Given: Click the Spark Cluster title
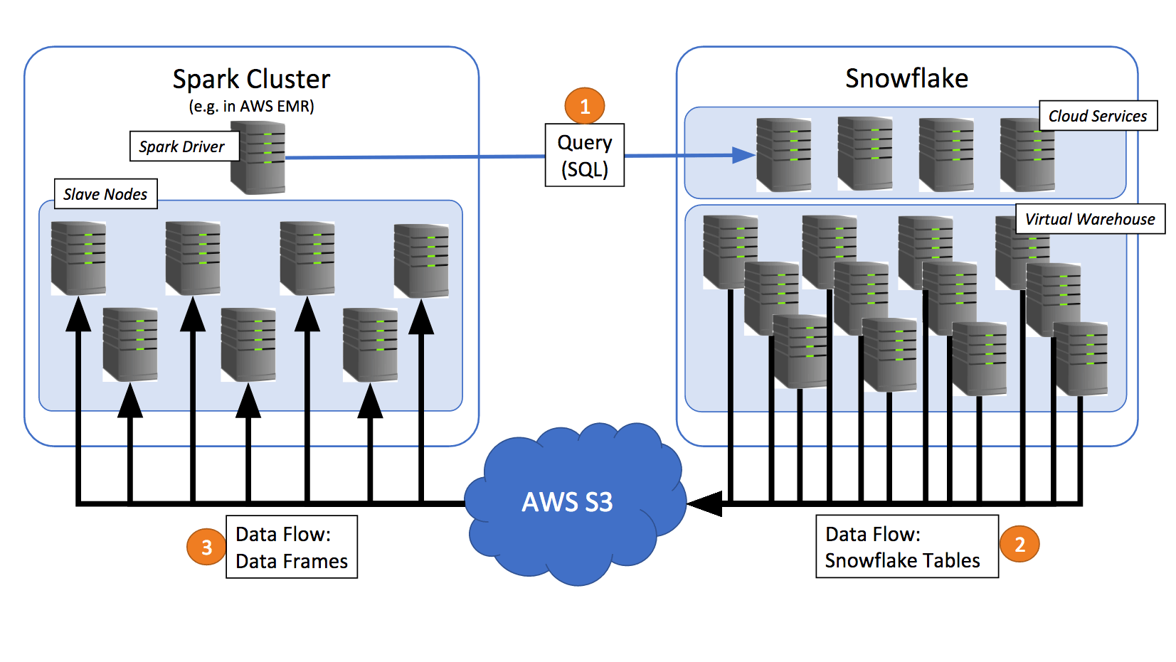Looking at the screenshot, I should tap(251, 79).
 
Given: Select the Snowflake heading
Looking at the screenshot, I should tap(906, 78).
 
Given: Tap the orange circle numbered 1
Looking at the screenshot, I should tap(584, 106).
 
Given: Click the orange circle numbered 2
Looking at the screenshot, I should tap(1019, 544).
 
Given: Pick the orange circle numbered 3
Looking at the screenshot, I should tap(206, 547).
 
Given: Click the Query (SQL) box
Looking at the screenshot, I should tap(584, 156).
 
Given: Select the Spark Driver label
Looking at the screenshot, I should tap(182, 146).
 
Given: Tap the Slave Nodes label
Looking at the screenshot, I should tap(105, 194).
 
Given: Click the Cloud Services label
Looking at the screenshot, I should tap(1097, 116).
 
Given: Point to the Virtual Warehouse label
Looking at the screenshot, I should tap(1089, 219).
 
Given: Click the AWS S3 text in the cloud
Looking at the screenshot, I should tap(567, 502).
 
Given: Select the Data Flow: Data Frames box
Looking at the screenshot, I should tap(291, 547).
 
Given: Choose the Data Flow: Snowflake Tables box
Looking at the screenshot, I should tap(906, 547).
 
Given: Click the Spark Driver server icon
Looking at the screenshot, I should tap(258, 158).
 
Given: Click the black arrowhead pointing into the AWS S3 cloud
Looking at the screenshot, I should tap(704, 503).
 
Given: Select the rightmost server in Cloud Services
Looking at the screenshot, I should tap(1027, 155).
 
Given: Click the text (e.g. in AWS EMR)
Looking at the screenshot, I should tap(251, 107).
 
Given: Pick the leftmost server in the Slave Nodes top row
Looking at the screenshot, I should tap(78, 258).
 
